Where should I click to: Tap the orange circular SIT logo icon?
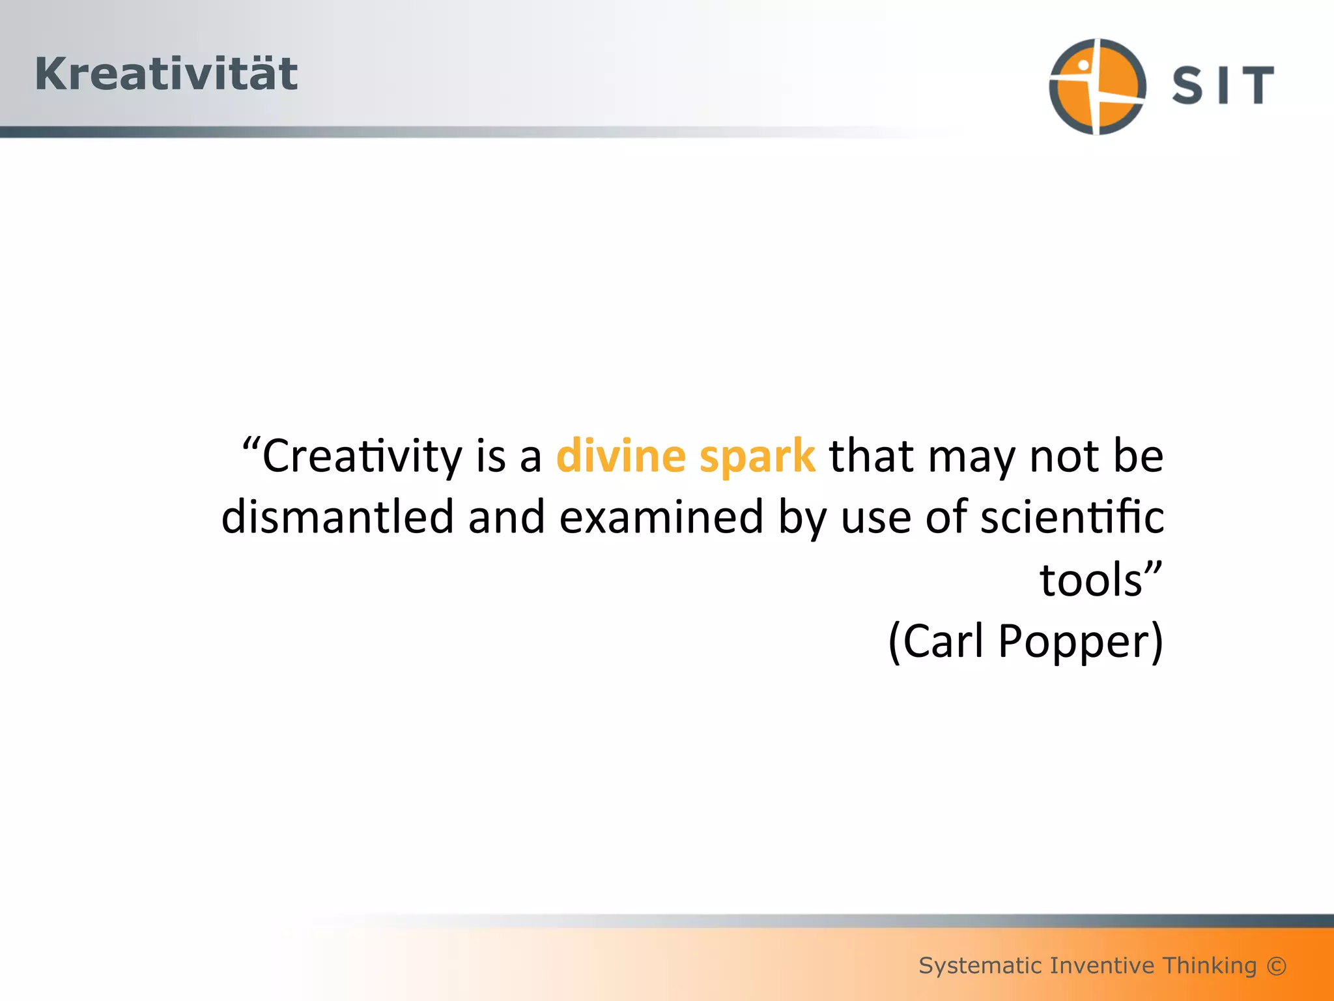pos(1098,86)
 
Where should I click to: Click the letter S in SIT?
pos(1187,85)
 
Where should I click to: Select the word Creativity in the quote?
pos(362,456)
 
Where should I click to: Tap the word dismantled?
pos(337,516)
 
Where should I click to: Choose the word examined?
pos(661,516)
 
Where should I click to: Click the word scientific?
pos(1072,516)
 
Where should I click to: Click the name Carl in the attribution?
pos(943,641)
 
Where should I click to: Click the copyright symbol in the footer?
pos(1277,965)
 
